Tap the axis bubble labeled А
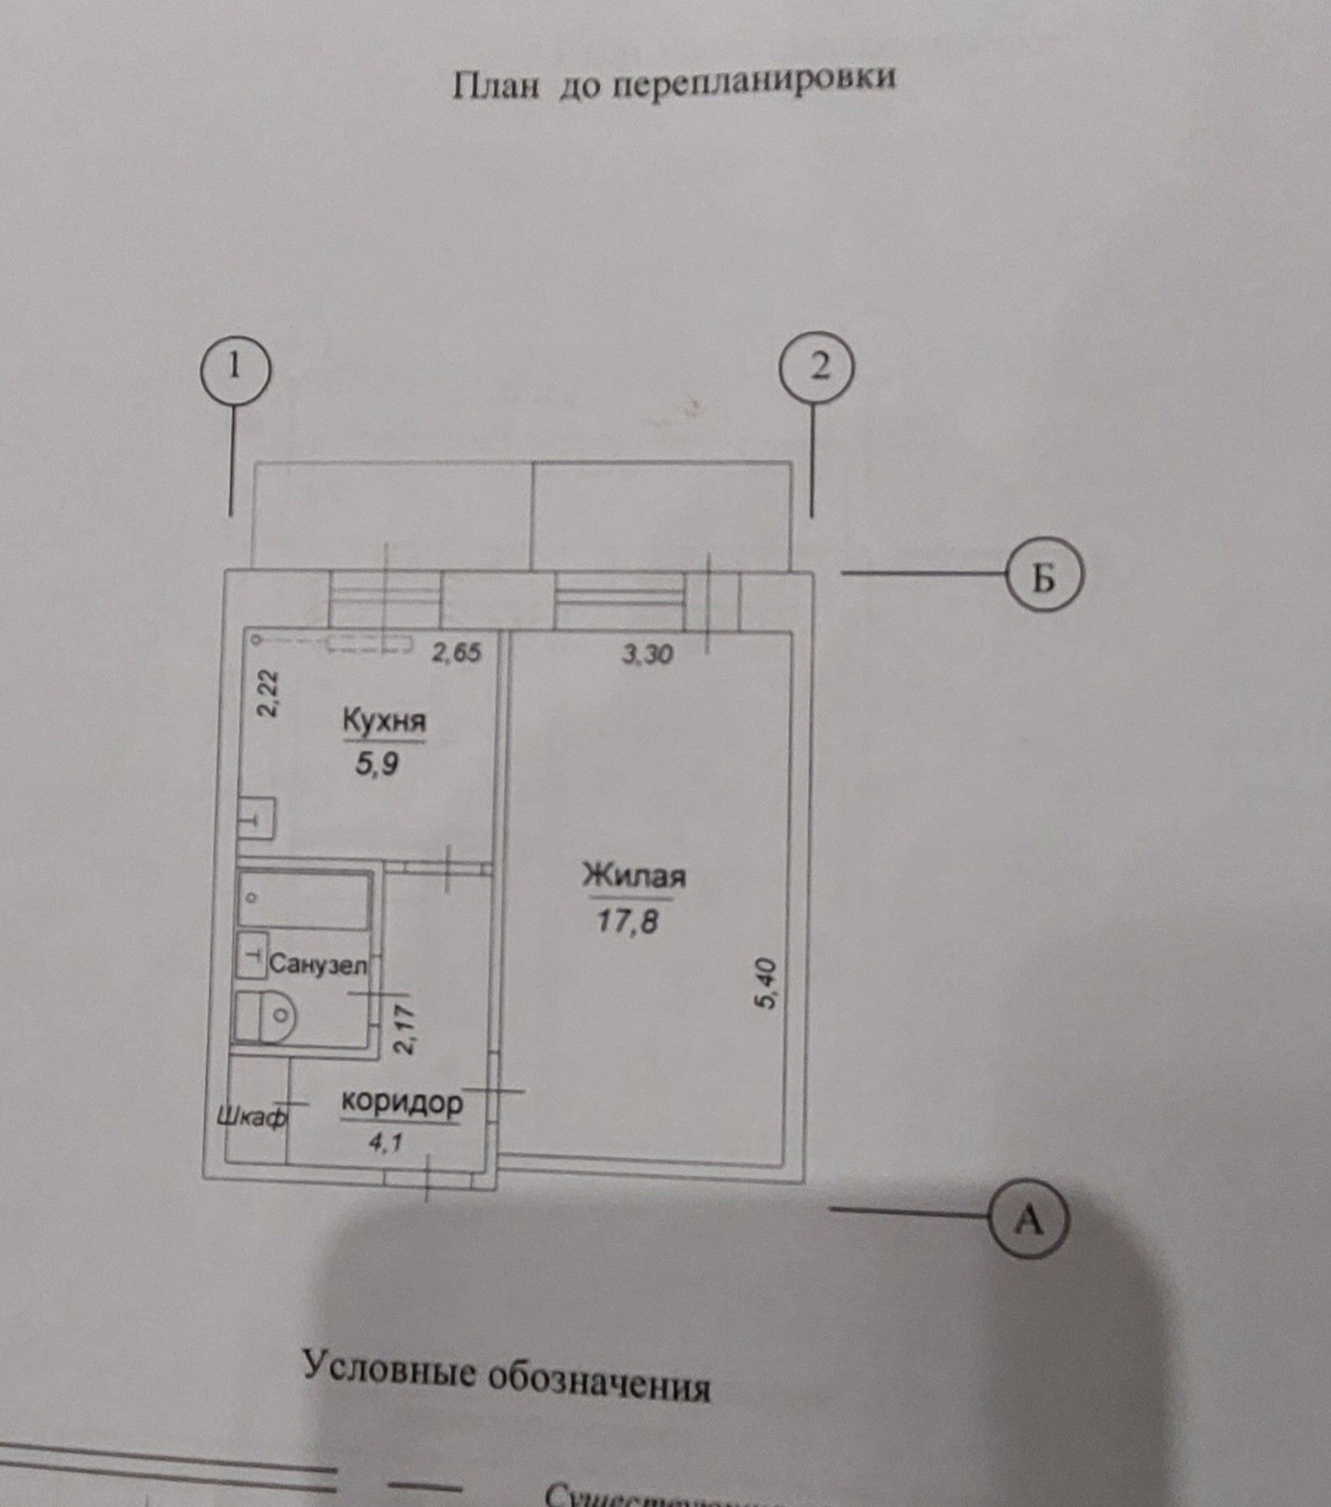coord(1029,1221)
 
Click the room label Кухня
coord(384,722)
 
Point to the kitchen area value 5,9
coord(377,766)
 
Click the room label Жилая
coord(633,876)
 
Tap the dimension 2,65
coord(457,652)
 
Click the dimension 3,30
coord(648,654)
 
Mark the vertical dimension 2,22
coord(268,692)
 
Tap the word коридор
coord(402,1103)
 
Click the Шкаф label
coord(253,1116)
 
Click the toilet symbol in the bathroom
coord(265,1015)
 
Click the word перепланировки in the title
coord(754,79)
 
